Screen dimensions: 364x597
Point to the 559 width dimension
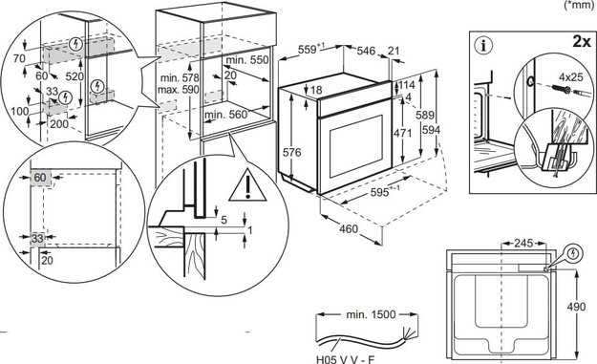tap(308, 48)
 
